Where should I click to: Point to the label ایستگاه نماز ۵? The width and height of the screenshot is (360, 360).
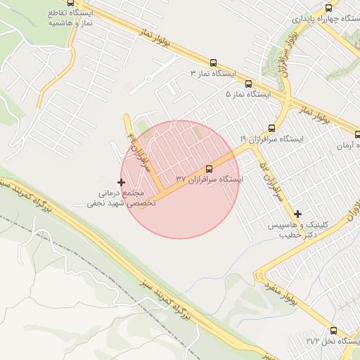tap(248, 93)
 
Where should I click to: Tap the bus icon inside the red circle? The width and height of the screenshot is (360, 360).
tap(209, 169)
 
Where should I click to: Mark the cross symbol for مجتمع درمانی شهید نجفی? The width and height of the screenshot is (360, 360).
tap(121, 182)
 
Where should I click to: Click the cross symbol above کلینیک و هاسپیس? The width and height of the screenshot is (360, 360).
tap(297, 214)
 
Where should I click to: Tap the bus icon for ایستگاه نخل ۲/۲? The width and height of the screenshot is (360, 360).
tap(333, 330)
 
